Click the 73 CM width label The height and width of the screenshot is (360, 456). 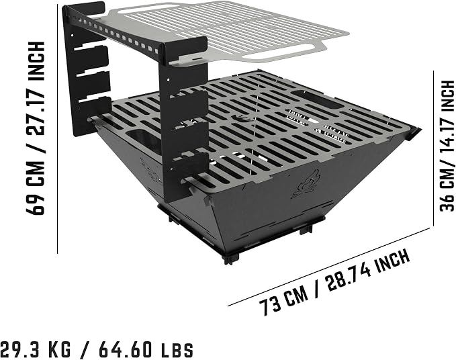283,302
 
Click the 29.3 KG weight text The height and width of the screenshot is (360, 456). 36,349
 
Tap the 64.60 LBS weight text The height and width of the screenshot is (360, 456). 146,349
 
